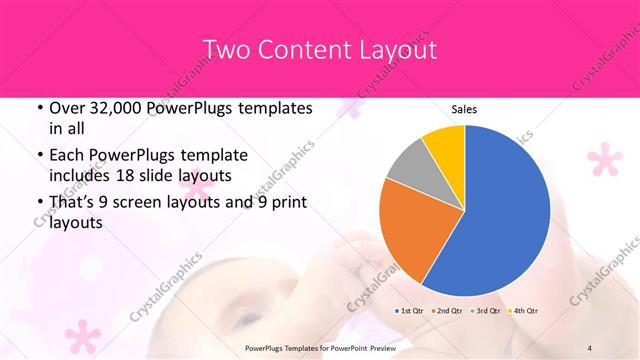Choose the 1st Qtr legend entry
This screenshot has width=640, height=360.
pos(410,311)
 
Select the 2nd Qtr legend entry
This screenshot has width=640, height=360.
pos(447,311)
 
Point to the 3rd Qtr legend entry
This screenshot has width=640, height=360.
pos(485,311)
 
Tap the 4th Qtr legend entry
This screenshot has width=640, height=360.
pos(522,311)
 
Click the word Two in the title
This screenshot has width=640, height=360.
pos(225,49)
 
